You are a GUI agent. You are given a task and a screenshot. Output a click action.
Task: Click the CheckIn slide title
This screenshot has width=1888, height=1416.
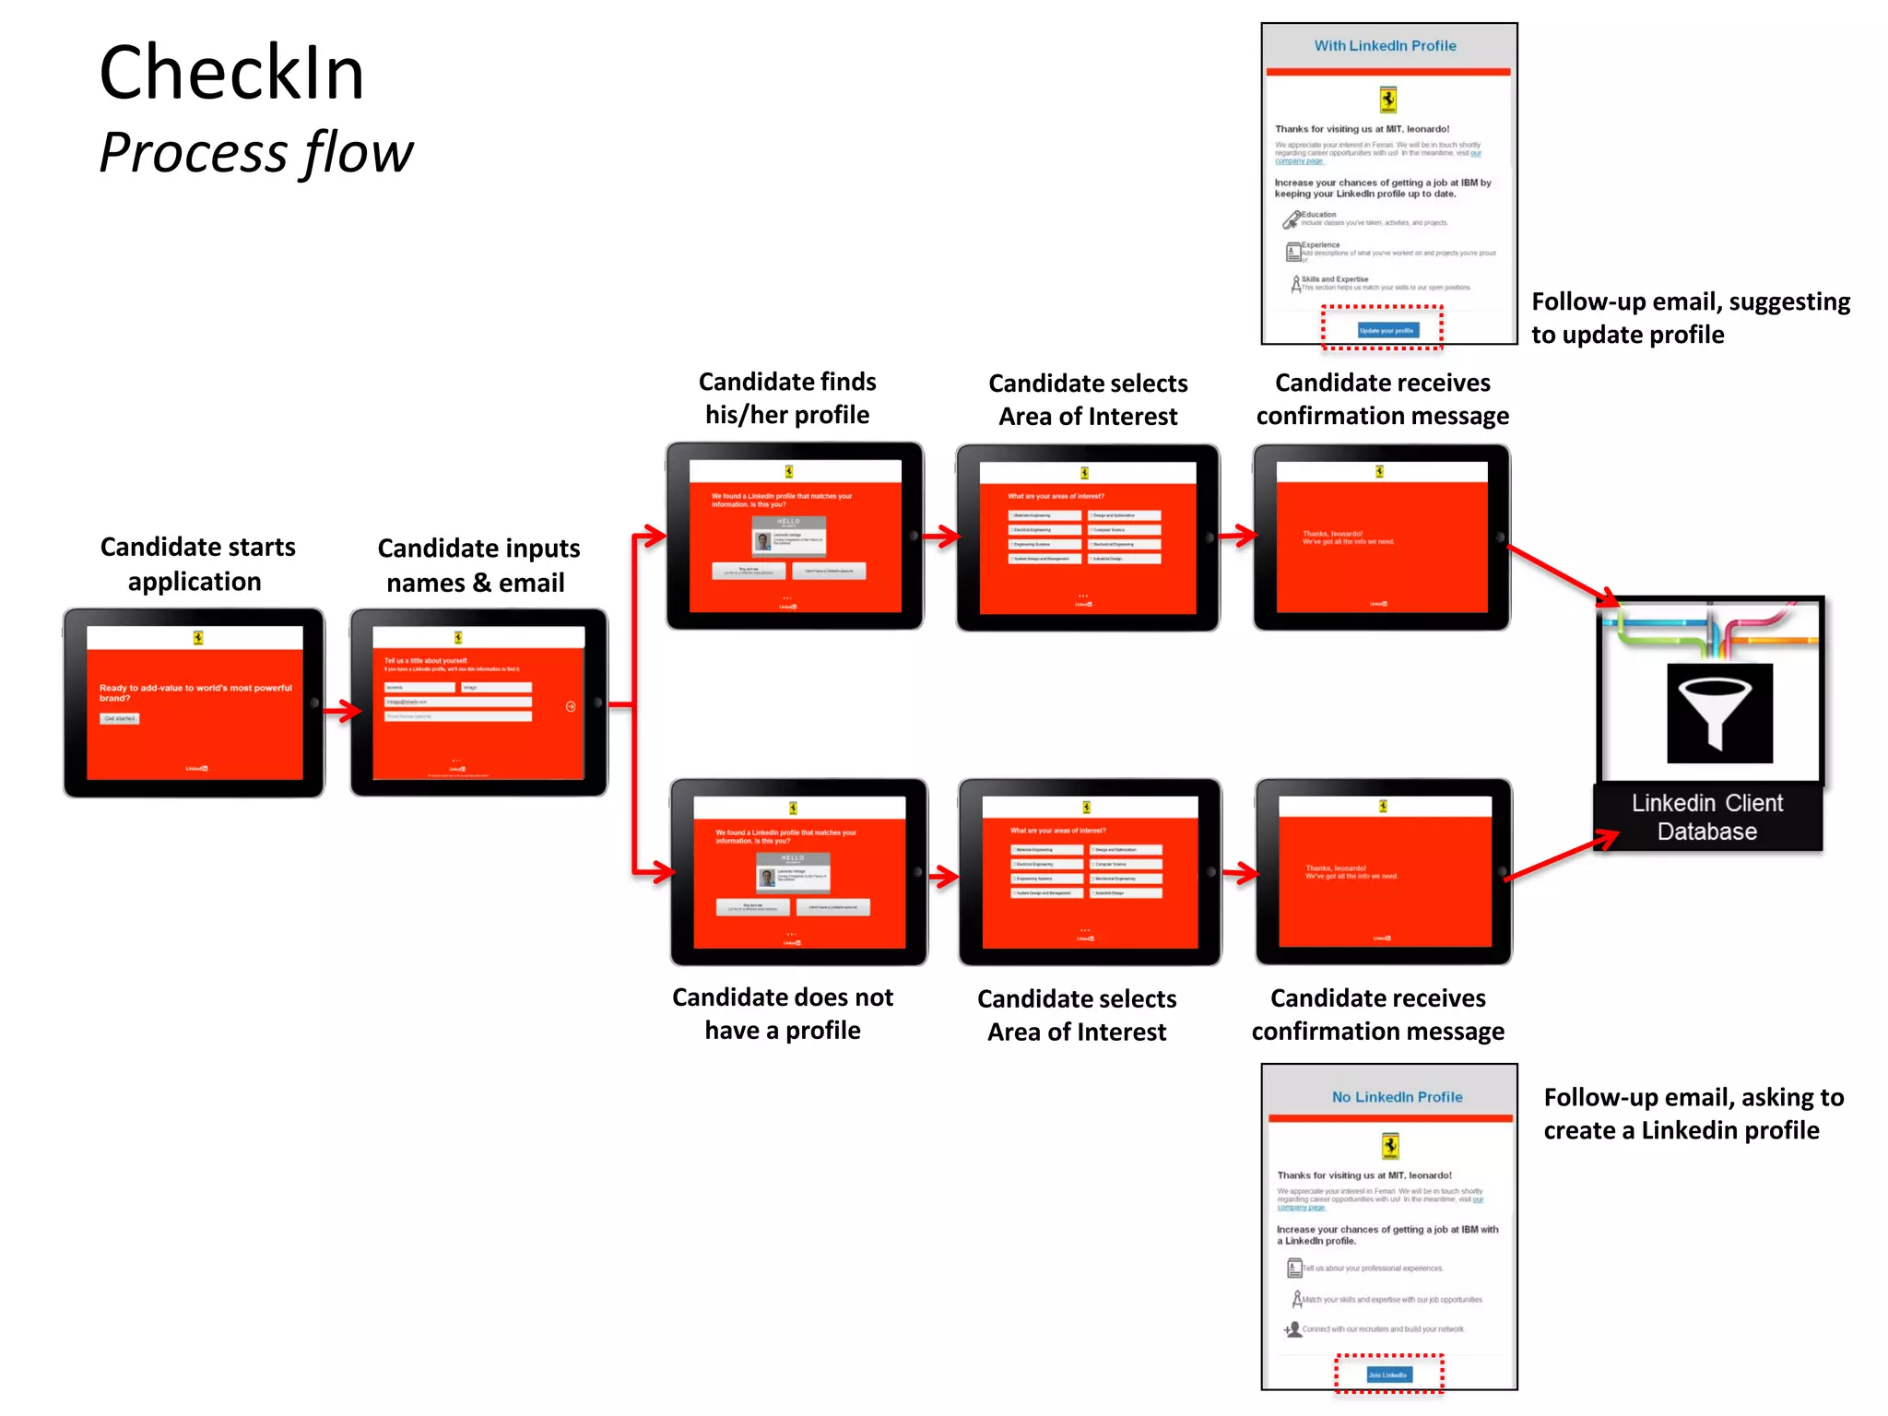click(231, 74)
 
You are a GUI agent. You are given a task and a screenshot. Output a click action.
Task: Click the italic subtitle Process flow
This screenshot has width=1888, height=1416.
click(256, 153)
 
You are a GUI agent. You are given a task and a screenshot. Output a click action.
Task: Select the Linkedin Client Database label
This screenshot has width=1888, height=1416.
click(1707, 817)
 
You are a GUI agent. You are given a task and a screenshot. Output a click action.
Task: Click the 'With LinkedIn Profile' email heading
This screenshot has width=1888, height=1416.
click(1385, 46)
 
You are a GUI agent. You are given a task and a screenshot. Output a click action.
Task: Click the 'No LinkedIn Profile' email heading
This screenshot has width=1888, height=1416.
click(1397, 1097)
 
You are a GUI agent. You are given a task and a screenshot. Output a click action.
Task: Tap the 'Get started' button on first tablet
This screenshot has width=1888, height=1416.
click(120, 718)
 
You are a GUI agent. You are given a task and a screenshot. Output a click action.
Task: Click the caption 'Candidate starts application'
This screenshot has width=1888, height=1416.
click(196, 564)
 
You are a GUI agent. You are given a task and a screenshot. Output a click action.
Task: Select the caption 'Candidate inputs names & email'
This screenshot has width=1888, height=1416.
click(478, 565)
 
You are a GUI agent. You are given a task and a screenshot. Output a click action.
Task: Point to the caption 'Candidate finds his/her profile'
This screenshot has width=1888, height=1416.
click(787, 398)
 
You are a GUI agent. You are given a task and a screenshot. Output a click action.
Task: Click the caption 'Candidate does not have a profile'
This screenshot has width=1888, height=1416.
click(783, 1014)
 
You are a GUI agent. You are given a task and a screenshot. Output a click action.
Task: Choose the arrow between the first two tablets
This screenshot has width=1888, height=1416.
click(342, 710)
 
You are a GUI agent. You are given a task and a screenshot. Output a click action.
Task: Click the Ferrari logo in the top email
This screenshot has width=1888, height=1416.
click(1387, 100)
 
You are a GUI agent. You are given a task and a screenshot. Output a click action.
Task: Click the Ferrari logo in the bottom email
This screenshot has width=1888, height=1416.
click(1390, 1146)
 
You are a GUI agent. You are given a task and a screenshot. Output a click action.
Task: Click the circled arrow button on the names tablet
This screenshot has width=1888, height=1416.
click(571, 706)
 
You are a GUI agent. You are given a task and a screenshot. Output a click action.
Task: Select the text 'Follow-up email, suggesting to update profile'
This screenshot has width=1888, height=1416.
click(1691, 318)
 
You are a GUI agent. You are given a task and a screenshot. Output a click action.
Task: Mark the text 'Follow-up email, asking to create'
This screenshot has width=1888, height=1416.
click(1693, 1114)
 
